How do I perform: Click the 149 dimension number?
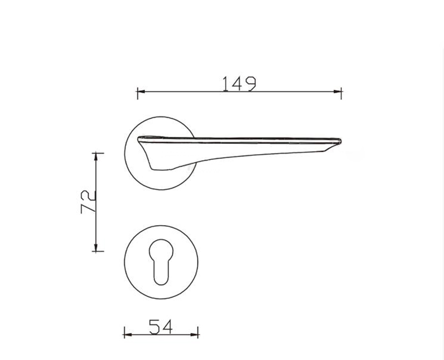(x=239, y=83)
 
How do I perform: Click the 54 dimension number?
(x=160, y=327)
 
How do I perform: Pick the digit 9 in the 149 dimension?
(x=250, y=83)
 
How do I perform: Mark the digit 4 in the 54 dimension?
(x=167, y=327)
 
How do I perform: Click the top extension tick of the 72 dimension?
(x=97, y=152)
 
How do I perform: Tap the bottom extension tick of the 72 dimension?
(x=97, y=252)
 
